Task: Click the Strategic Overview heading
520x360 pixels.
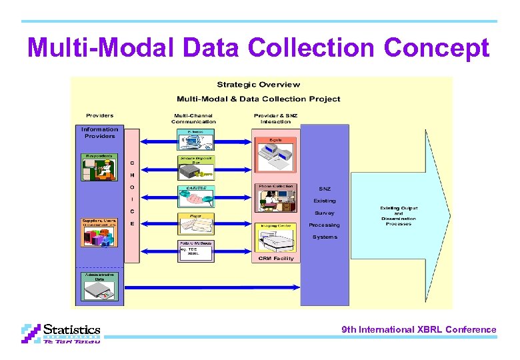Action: click(259, 85)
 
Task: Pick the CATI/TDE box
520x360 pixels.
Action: click(196, 197)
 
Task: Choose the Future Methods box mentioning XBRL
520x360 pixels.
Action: click(196, 250)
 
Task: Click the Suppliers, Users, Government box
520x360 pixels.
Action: click(99, 233)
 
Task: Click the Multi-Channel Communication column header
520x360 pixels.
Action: click(193, 119)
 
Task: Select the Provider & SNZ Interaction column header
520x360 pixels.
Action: click(275, 119)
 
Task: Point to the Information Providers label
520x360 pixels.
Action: click(99, 133)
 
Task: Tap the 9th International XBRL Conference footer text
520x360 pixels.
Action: click(419, 329)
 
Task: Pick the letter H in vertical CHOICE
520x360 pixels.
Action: click(132, 175)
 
